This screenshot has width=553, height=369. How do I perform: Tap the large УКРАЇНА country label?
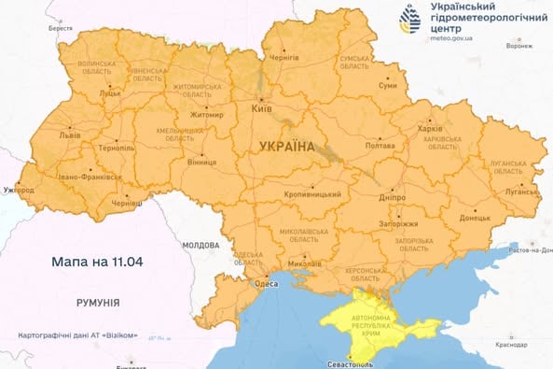point(286,148)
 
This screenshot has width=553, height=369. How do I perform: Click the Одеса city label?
point(267,285)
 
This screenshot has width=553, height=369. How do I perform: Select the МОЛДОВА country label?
point(200,244)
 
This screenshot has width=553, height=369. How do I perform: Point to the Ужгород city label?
point(18,191)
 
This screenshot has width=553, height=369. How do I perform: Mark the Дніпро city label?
point(393,199)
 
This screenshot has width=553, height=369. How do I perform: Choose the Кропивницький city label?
point(311,194)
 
